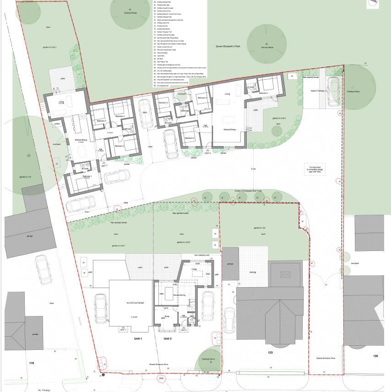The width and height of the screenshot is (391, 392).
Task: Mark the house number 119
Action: [31, 363]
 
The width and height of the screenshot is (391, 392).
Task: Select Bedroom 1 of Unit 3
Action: [87, 176]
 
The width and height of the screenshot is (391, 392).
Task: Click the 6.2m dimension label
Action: [253, 169]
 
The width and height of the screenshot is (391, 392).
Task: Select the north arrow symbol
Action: [373, 3]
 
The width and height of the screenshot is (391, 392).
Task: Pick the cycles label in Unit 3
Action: [57, 124]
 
